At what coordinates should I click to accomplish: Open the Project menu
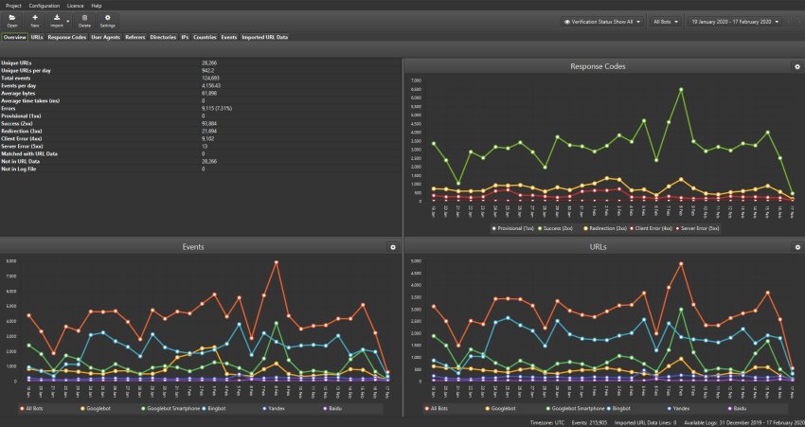[12, 6]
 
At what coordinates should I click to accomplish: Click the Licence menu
[76, 6]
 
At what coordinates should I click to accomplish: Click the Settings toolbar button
[108, 21]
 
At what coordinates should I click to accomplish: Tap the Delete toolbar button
[84, 21]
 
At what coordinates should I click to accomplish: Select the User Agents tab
[104, 38]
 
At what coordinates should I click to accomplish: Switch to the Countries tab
[204, 38]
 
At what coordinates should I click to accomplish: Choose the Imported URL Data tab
[264, 38]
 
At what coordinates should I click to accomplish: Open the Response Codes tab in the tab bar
[67, 38]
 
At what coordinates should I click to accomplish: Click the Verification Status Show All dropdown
[602, 21]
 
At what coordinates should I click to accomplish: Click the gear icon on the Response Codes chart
[796, 66]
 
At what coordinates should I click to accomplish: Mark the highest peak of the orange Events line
[276, 262]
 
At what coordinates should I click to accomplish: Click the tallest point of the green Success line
[681, 89]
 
